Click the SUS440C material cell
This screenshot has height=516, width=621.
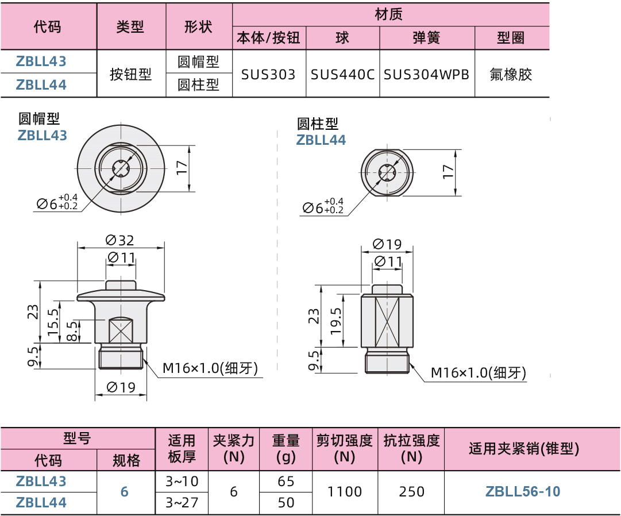(342, 74)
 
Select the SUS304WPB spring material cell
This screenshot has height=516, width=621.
(426, 74)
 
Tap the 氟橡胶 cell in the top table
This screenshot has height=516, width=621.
(511, 74)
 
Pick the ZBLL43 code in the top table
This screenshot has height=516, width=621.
(41, 61)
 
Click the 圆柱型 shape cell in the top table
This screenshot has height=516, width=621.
(198, 85)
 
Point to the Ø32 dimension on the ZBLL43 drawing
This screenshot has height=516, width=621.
(120, 240)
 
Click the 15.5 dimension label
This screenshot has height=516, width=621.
(53, 322)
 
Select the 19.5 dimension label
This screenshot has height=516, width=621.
(336, 320)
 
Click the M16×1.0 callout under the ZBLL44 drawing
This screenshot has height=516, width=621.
(478, 373)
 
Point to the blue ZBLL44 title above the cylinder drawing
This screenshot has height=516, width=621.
(321, 140)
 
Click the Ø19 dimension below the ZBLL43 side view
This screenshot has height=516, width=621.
(120, 387)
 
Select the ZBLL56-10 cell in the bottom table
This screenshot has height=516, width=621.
(523, 491)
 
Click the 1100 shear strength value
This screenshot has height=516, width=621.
(345, 491)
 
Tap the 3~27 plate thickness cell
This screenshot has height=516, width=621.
(181, 502)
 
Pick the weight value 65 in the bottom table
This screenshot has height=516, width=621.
(286, 481)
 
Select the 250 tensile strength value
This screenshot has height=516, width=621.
(412, 491)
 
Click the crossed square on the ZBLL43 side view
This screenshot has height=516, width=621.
(121, 332)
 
